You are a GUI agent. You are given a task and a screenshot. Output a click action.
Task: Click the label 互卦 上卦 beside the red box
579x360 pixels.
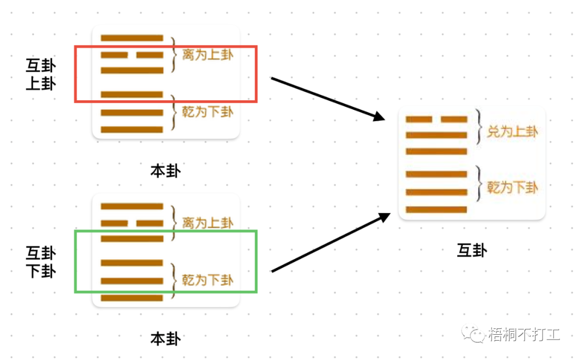[x=41, y=74]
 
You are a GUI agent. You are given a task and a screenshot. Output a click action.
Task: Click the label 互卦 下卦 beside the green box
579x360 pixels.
[x=41, y=261]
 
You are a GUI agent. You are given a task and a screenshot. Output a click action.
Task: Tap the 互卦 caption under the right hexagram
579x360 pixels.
[x=471, y=250]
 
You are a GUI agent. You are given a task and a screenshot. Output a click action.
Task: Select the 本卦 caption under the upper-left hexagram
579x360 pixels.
[x=165, y=171]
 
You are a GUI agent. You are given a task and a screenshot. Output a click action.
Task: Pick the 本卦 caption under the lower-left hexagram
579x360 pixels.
[x=165, y=339]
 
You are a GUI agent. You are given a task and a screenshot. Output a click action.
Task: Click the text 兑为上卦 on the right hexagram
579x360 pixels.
[x=512, y=131]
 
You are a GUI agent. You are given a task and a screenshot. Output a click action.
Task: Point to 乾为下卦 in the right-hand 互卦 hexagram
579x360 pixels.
[x=512, y=187]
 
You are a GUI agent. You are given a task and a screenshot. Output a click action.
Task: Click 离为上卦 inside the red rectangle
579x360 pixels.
[x=207, y=55]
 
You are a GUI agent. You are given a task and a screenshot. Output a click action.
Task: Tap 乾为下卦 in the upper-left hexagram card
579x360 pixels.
[x=207, y=112]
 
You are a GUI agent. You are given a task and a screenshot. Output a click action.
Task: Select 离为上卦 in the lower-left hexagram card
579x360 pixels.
[x=207, y=222]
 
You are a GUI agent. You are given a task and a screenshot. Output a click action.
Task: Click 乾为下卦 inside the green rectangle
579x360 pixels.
[x=207, y=280]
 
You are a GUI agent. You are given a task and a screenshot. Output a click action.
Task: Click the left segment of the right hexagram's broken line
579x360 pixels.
[x=419, y=119]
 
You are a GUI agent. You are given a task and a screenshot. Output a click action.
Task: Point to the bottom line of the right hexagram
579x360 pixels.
[x=436, y=209]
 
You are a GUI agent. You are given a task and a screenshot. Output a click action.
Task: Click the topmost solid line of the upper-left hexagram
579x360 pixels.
[x=132, y=38]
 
